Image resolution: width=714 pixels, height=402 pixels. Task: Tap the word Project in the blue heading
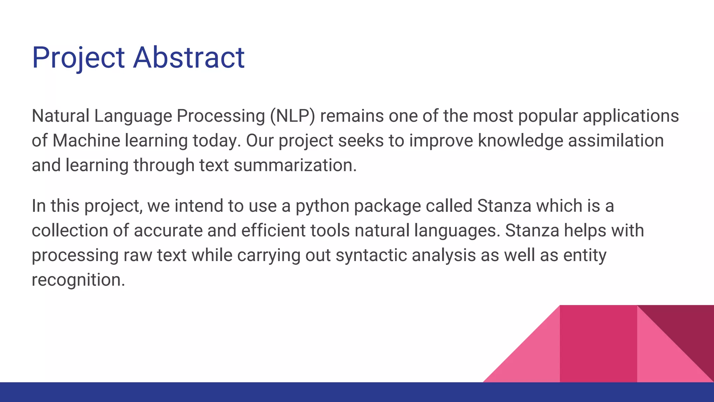point(78,58)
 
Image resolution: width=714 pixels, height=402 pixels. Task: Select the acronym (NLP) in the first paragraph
point(292,116)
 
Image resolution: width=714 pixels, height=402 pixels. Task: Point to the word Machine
point(86,141)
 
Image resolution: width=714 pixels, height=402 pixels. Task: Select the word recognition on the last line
point(78,280)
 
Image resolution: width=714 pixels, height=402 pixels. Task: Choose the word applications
point(631,117)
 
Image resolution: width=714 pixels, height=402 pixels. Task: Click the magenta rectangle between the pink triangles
point(598,344)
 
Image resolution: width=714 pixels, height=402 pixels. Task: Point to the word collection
point(70,231)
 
